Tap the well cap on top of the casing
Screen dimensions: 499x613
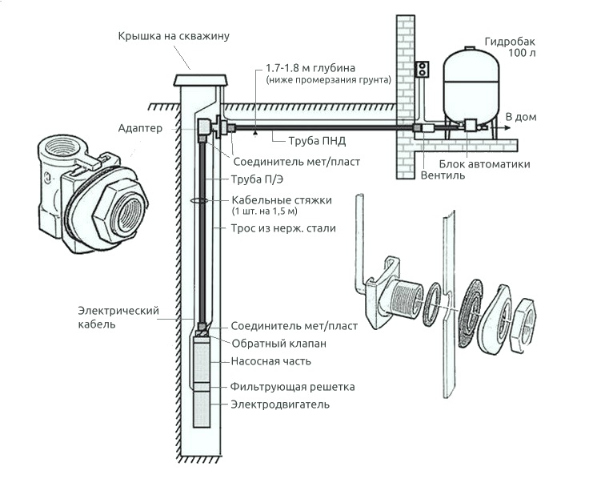click(x=200, y=79)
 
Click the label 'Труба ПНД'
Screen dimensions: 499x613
click(x=318, y=142)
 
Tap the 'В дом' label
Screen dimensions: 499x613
click(x=520, y=117)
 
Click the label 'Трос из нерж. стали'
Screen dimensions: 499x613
click(x=283, y=228)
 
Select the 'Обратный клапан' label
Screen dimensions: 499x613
click(x=278, y=344)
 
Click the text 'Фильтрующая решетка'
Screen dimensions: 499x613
click(x=292, y=387)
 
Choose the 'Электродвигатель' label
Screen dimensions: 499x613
click(x=280, y=404)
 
